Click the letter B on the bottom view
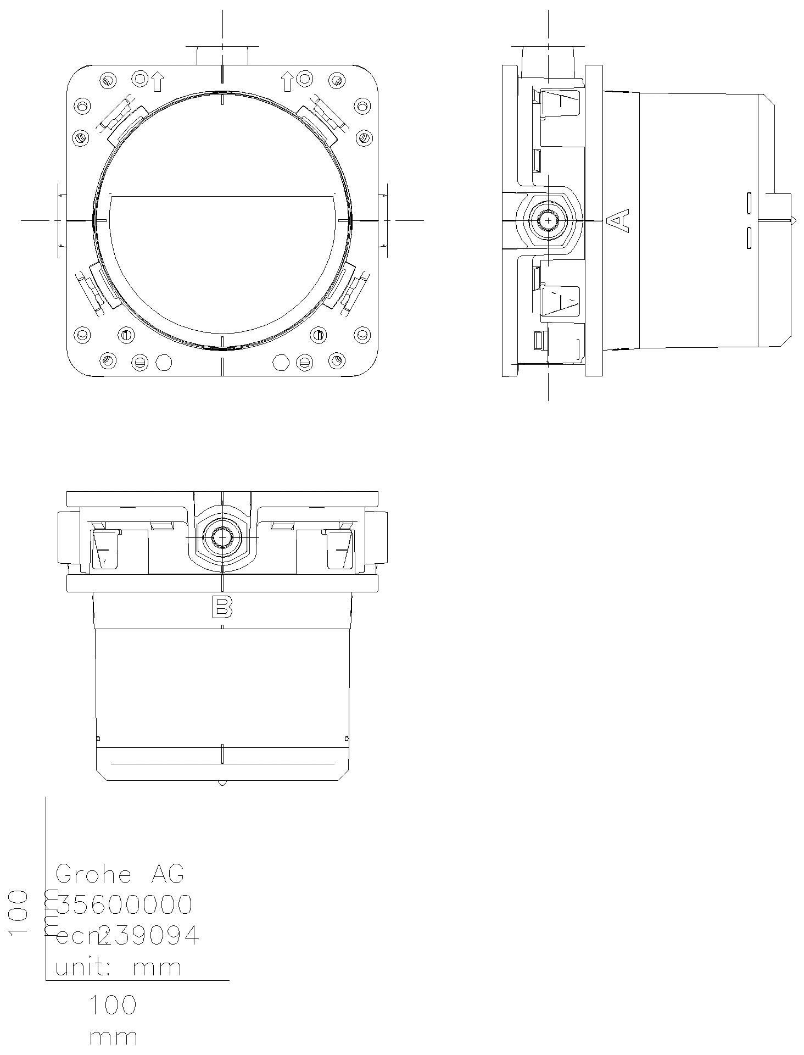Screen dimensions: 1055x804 (x=222, y=608)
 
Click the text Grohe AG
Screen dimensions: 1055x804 (x=120, y=874)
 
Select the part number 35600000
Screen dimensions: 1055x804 (x=125, y=905)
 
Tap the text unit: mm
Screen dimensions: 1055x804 (x=118, y=967)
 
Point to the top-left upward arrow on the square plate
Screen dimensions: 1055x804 (x=158, y=81)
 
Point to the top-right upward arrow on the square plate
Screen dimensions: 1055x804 (x=287, y=81)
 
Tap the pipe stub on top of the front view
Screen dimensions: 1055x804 (x=222, y=55)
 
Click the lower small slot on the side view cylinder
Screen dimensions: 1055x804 (x=749, y=238)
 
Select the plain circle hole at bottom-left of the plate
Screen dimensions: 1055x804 (x=164, y=362)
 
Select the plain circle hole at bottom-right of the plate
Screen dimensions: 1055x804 (x=281, y=362)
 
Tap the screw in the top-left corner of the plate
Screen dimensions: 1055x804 (x=108, y=81)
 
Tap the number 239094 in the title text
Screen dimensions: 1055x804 (x=148, y=936)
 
